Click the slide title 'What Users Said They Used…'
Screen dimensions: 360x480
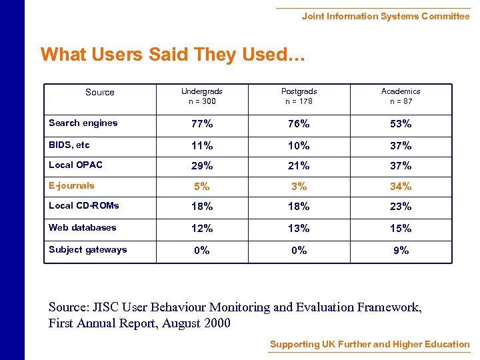pyautogui.click(x=173, y=54)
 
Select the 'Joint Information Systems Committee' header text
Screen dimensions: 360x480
pyautogui.click(x=385, y=16)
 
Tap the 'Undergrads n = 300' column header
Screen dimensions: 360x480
pyautogui.click(x=201, y=96)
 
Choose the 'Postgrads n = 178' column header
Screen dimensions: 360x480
pyautogui.click(x=299, y=96)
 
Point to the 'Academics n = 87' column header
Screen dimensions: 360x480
pyautogui.click(x=401, y=96)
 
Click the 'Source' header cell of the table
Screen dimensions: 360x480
pyautogui.click(x=100, y=93)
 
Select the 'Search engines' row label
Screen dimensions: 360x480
pyautogui.click(x=83, y=123)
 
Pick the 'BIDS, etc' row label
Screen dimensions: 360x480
pyautogui.click(x=69, y=145)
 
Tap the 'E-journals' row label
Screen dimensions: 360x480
pyautogui.click(x=71, y=186)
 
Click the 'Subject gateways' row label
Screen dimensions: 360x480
pyautogui.click(x=87, y=249)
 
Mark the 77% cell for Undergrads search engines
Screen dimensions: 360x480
pyautogui.click(x=201, y=124)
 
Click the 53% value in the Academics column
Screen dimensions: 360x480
pyautogui.click(x=401, y=124)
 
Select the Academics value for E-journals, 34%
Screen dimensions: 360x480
pyautogui.click(x=401, y=187)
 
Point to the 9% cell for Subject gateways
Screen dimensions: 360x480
pyautogui.click(x=401, y=251)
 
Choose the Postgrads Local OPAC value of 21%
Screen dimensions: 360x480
pyautogui.click(x=299, y=166)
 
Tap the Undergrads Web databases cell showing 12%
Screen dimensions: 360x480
pyautogui.click(x=201, y=229)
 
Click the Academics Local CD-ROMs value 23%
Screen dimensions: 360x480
pyautogui.click(x=401, y=207)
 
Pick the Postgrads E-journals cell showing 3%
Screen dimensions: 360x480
pyautogui.click(x=299, y=187)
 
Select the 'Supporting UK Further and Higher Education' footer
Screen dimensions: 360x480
pyautogui.click(x=369, y=345)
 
